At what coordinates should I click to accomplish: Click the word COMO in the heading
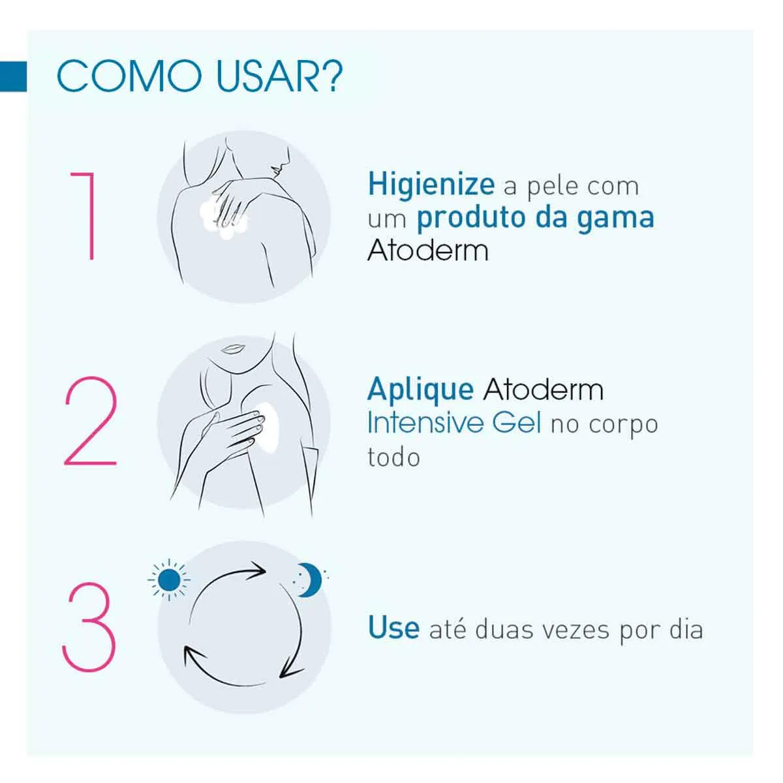129,76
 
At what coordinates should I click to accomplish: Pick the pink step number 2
91,421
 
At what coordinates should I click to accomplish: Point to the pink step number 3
89,627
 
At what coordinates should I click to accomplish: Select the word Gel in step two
516,422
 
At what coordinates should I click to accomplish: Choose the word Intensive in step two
425,422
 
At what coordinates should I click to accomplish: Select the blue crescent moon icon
309,580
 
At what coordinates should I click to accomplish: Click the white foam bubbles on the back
223,216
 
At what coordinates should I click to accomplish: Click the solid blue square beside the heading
13,76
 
